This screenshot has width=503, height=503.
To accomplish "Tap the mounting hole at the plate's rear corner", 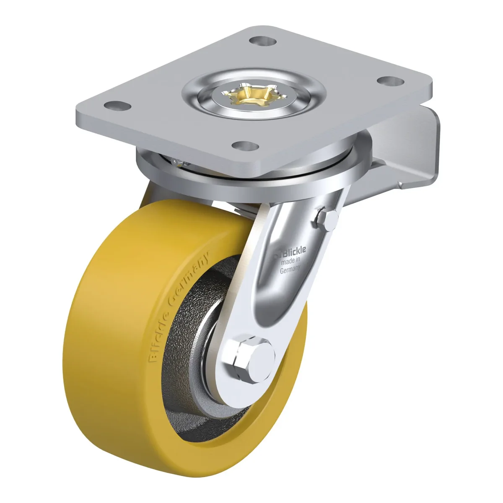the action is tap(262, 41).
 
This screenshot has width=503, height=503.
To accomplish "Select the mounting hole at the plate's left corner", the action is tap(117, 106).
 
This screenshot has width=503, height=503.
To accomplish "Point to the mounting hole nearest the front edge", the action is tap(245, 145).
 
